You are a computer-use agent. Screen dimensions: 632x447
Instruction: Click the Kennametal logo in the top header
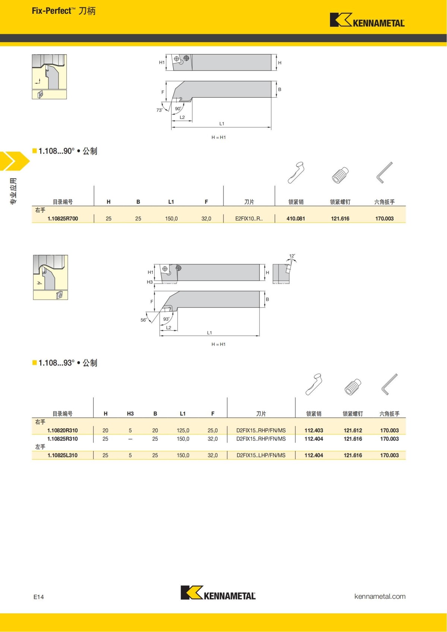click(367, 20)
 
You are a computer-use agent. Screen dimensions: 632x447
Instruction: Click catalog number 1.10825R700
click(63, 219)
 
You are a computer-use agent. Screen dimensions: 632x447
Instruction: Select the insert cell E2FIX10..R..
click(249, 219)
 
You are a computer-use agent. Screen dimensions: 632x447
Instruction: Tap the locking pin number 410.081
click(296, 219)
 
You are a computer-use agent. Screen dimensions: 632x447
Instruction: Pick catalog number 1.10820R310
click(63, 431)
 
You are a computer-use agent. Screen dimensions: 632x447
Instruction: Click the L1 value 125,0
click(183, 431)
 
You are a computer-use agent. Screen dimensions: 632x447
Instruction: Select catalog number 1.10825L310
click(63, 455)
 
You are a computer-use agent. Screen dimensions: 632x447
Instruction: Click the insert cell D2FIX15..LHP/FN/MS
click(261, 455)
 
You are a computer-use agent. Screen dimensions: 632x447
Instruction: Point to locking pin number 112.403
click(314, 431)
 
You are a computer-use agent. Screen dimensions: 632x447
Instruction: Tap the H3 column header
click(130, 414)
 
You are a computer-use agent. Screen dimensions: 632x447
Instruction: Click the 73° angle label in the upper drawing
click(159, 110)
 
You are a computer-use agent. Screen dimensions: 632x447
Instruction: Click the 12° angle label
click(292, 256)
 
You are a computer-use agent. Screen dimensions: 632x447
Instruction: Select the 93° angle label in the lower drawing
click(167, 319)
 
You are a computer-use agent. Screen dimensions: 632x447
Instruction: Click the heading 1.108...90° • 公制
click(67, 151)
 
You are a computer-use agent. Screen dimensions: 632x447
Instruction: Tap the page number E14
click(39, 597)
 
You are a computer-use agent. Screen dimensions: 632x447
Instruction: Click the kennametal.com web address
click(380, 596)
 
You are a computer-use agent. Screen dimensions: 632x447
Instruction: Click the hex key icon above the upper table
click(384, 172)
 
